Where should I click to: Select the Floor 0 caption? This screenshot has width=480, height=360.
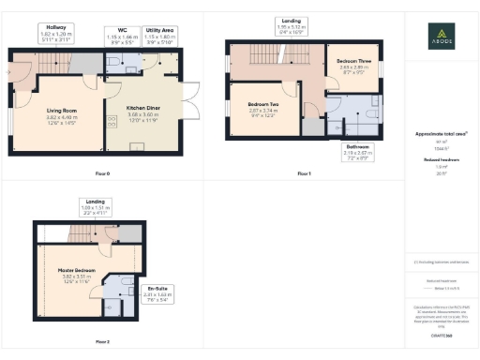click(x=103, y=174)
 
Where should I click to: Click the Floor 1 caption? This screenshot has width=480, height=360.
click(x=303, y=174)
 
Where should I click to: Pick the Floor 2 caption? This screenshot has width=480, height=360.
click(x=103, y=341)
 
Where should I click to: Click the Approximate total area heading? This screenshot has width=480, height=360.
click(x=440, y=133)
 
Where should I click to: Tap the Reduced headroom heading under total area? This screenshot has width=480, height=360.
click(x=440, y=160)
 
